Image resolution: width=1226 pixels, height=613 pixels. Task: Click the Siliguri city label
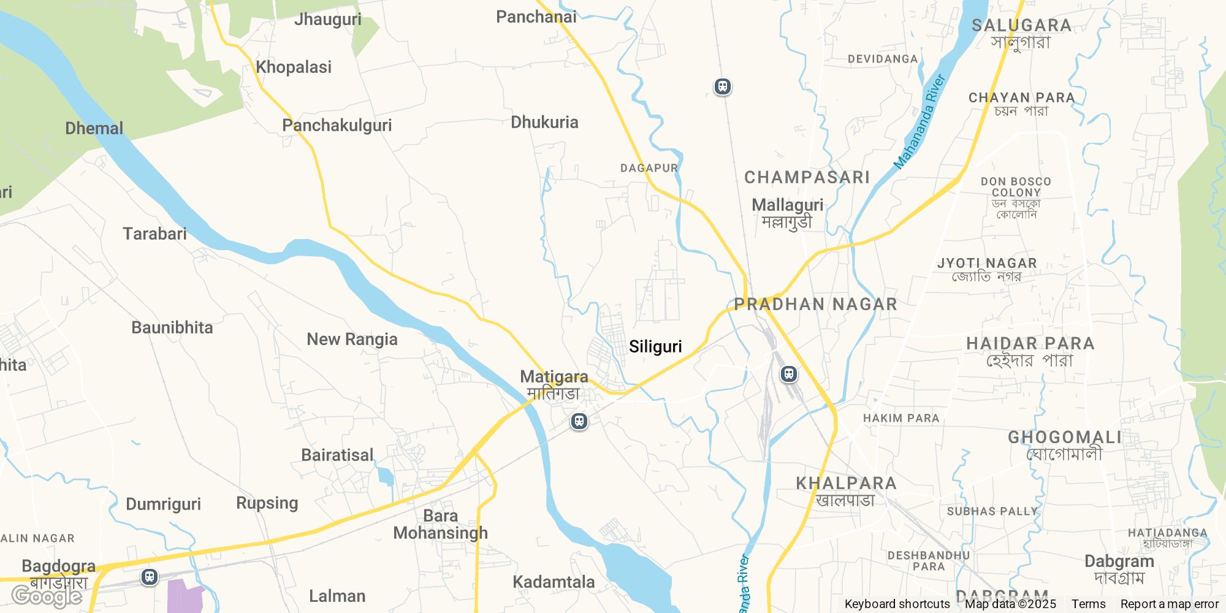(x=655, y=347)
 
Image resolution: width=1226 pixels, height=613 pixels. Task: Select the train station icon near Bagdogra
(x=150, y=577)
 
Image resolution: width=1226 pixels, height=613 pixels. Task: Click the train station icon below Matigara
(x=579, y=421)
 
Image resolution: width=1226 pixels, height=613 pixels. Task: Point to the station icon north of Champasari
(x=723, y=86)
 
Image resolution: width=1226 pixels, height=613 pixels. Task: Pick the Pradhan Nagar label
(x=815, y=304)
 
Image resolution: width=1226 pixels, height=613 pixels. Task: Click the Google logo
(x=47, y=596)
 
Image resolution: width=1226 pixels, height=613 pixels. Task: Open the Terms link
(x=1088, y=604)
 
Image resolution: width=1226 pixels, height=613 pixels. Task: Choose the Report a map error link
(x=1169, y=604)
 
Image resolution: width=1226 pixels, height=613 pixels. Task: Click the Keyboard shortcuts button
(x=897, y=604)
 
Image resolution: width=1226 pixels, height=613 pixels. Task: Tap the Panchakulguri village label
(x=337, y=126)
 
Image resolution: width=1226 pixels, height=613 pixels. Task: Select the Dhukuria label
(x=544, y=123)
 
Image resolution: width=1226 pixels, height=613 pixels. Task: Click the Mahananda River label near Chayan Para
(x=919, y=122)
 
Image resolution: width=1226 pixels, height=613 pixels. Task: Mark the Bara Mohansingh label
(x=440, y=524)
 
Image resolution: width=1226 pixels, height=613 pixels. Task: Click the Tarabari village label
(x=154, y=234)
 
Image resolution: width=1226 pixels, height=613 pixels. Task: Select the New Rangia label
(x=352, y=340)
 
